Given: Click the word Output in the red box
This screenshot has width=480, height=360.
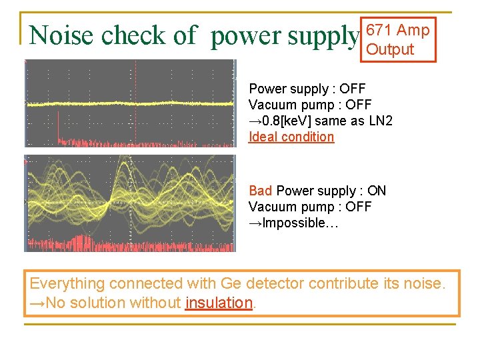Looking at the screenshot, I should (390, 49).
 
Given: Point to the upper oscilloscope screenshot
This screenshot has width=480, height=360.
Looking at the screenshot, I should (130, 103).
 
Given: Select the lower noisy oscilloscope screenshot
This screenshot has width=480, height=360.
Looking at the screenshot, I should (130, 203).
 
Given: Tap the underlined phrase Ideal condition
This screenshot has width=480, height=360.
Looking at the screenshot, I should (291, 137).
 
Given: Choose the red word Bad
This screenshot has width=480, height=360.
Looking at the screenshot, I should (261, 191).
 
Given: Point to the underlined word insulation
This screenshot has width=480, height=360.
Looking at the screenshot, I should (219, 303).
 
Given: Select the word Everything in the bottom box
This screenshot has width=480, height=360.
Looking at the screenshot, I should (67, 283).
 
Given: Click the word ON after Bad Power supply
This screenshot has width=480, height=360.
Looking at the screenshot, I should (377, 191).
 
